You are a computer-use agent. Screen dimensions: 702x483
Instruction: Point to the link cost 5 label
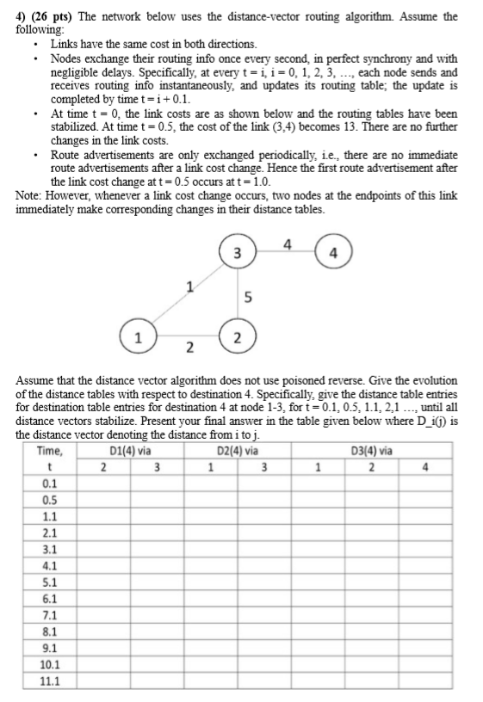click(249, 298)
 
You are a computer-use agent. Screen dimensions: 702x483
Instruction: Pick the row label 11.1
click(50, 680)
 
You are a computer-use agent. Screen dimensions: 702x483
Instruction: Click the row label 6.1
click(50, 598)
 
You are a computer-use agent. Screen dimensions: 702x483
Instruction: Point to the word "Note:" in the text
click(32, 196)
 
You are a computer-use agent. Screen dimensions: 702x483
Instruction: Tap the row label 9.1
click(50, 648)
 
